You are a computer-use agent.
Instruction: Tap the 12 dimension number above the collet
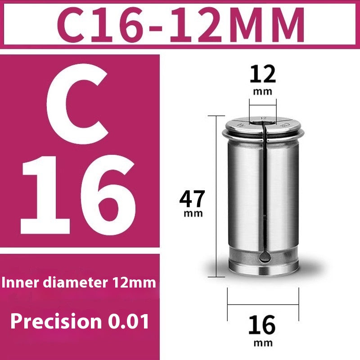[x=263, y=74]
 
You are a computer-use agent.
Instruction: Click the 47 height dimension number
[x=192, y=198]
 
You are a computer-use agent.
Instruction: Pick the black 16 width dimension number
[x=262, y=325]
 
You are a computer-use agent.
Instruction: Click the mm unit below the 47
[x=193, y=213]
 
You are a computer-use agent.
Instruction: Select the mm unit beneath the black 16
[x=263, y=343]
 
